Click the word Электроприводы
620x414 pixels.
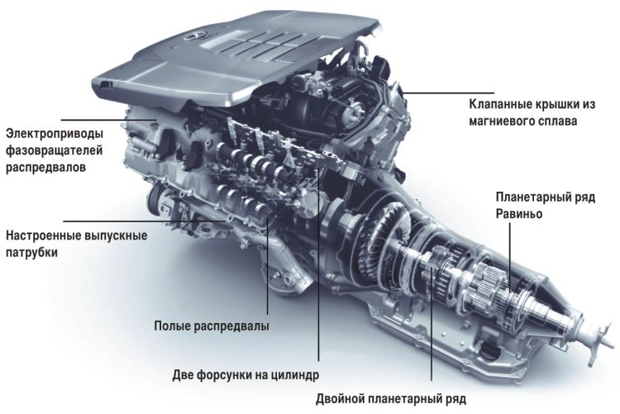(55, 134)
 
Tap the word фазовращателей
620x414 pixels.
(55, 150)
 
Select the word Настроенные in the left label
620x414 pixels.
(44, 236)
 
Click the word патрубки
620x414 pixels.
(31, 253)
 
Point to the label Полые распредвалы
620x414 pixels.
(212, 326)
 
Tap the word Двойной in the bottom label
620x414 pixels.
(340, 399)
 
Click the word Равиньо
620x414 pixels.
(519, 215)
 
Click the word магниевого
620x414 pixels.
(502, 121)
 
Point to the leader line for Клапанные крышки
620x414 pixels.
(448, 93)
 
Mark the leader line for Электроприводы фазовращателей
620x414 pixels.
(108, 120)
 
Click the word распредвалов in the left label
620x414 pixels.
(45, 168)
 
